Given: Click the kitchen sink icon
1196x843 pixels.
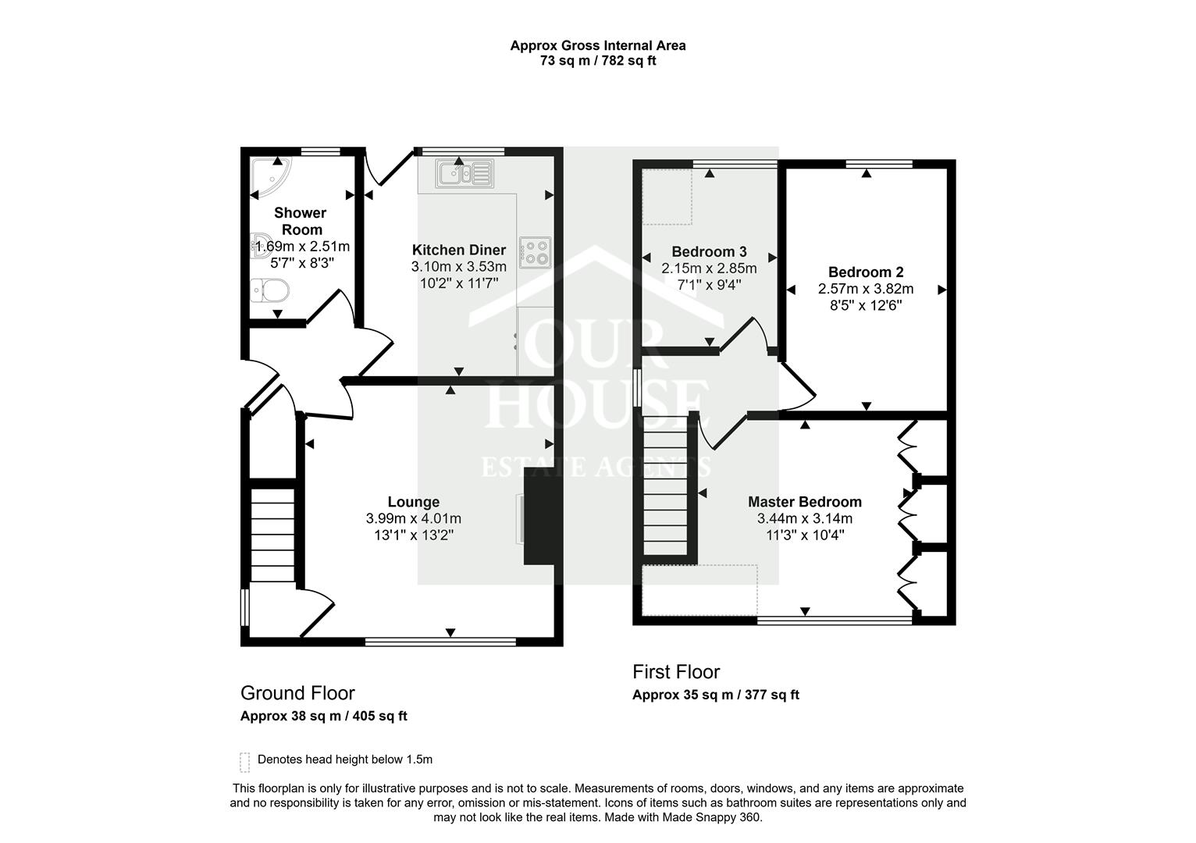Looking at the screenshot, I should point(465,173).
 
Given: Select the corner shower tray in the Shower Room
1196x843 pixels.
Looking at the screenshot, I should point(268,178).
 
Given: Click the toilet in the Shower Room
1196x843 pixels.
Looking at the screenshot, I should point(270,291).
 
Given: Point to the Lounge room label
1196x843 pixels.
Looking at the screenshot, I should point(413,502).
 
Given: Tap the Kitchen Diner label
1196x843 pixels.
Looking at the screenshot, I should point(458,251).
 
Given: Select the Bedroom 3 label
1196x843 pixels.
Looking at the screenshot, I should point(709,251).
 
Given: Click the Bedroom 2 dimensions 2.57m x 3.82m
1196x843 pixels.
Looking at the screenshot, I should point(865,289).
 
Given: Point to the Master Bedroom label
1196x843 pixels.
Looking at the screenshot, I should point(804,502).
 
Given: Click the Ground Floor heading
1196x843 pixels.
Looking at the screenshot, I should point(297,693).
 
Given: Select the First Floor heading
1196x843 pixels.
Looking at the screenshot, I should point(675,672).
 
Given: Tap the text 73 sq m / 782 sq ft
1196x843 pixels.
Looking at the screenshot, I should point(597,61).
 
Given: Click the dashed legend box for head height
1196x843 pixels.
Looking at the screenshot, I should point(245,761).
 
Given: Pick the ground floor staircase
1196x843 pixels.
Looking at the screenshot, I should point(272,534).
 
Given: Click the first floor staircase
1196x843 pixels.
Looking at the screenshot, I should point(668,487).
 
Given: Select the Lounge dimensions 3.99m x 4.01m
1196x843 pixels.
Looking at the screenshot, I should point(413,518).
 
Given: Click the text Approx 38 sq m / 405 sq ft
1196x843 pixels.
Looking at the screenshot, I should point(323,716).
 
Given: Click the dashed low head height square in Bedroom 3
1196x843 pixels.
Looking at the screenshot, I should point(667,196).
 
